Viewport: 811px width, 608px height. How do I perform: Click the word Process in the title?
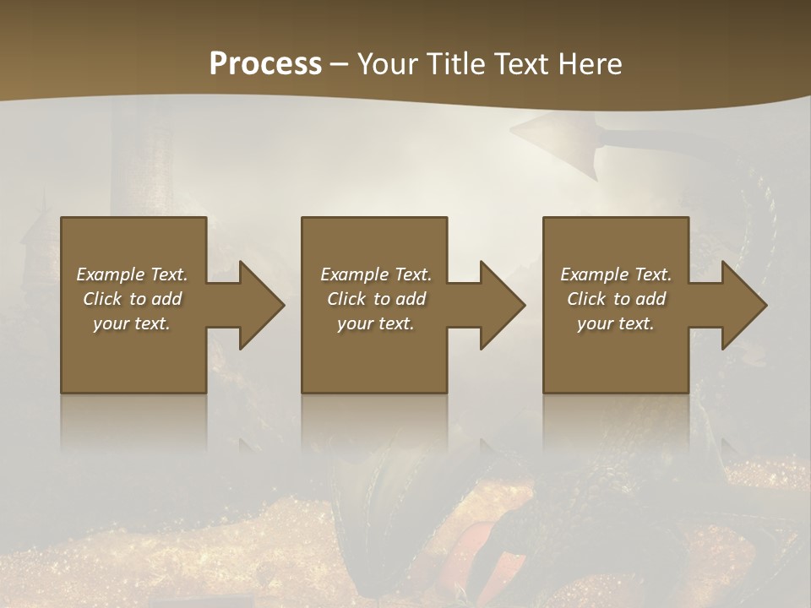(x=265, y=64)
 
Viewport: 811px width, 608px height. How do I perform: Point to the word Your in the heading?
(x=389, y=64)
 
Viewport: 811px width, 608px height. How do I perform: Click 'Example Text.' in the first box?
(x=132, y=274)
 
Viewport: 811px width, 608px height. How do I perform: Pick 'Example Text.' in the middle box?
(x=376, y=274)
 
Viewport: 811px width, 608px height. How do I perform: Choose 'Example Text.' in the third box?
(x=616, y=274)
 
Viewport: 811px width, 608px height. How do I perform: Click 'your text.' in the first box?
(x=132, y=323)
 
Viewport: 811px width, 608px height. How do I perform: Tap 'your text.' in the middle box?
(x=376, y=323)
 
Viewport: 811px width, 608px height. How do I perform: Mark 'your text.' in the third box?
(x=616, y=323)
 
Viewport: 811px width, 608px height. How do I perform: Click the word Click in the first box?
(x=102, y=299)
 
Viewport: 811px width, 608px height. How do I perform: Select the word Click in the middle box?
(x=346, y=299)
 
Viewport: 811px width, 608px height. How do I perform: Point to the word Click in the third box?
(x=586, y=299)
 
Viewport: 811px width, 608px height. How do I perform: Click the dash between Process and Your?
(x=340, y=65)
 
